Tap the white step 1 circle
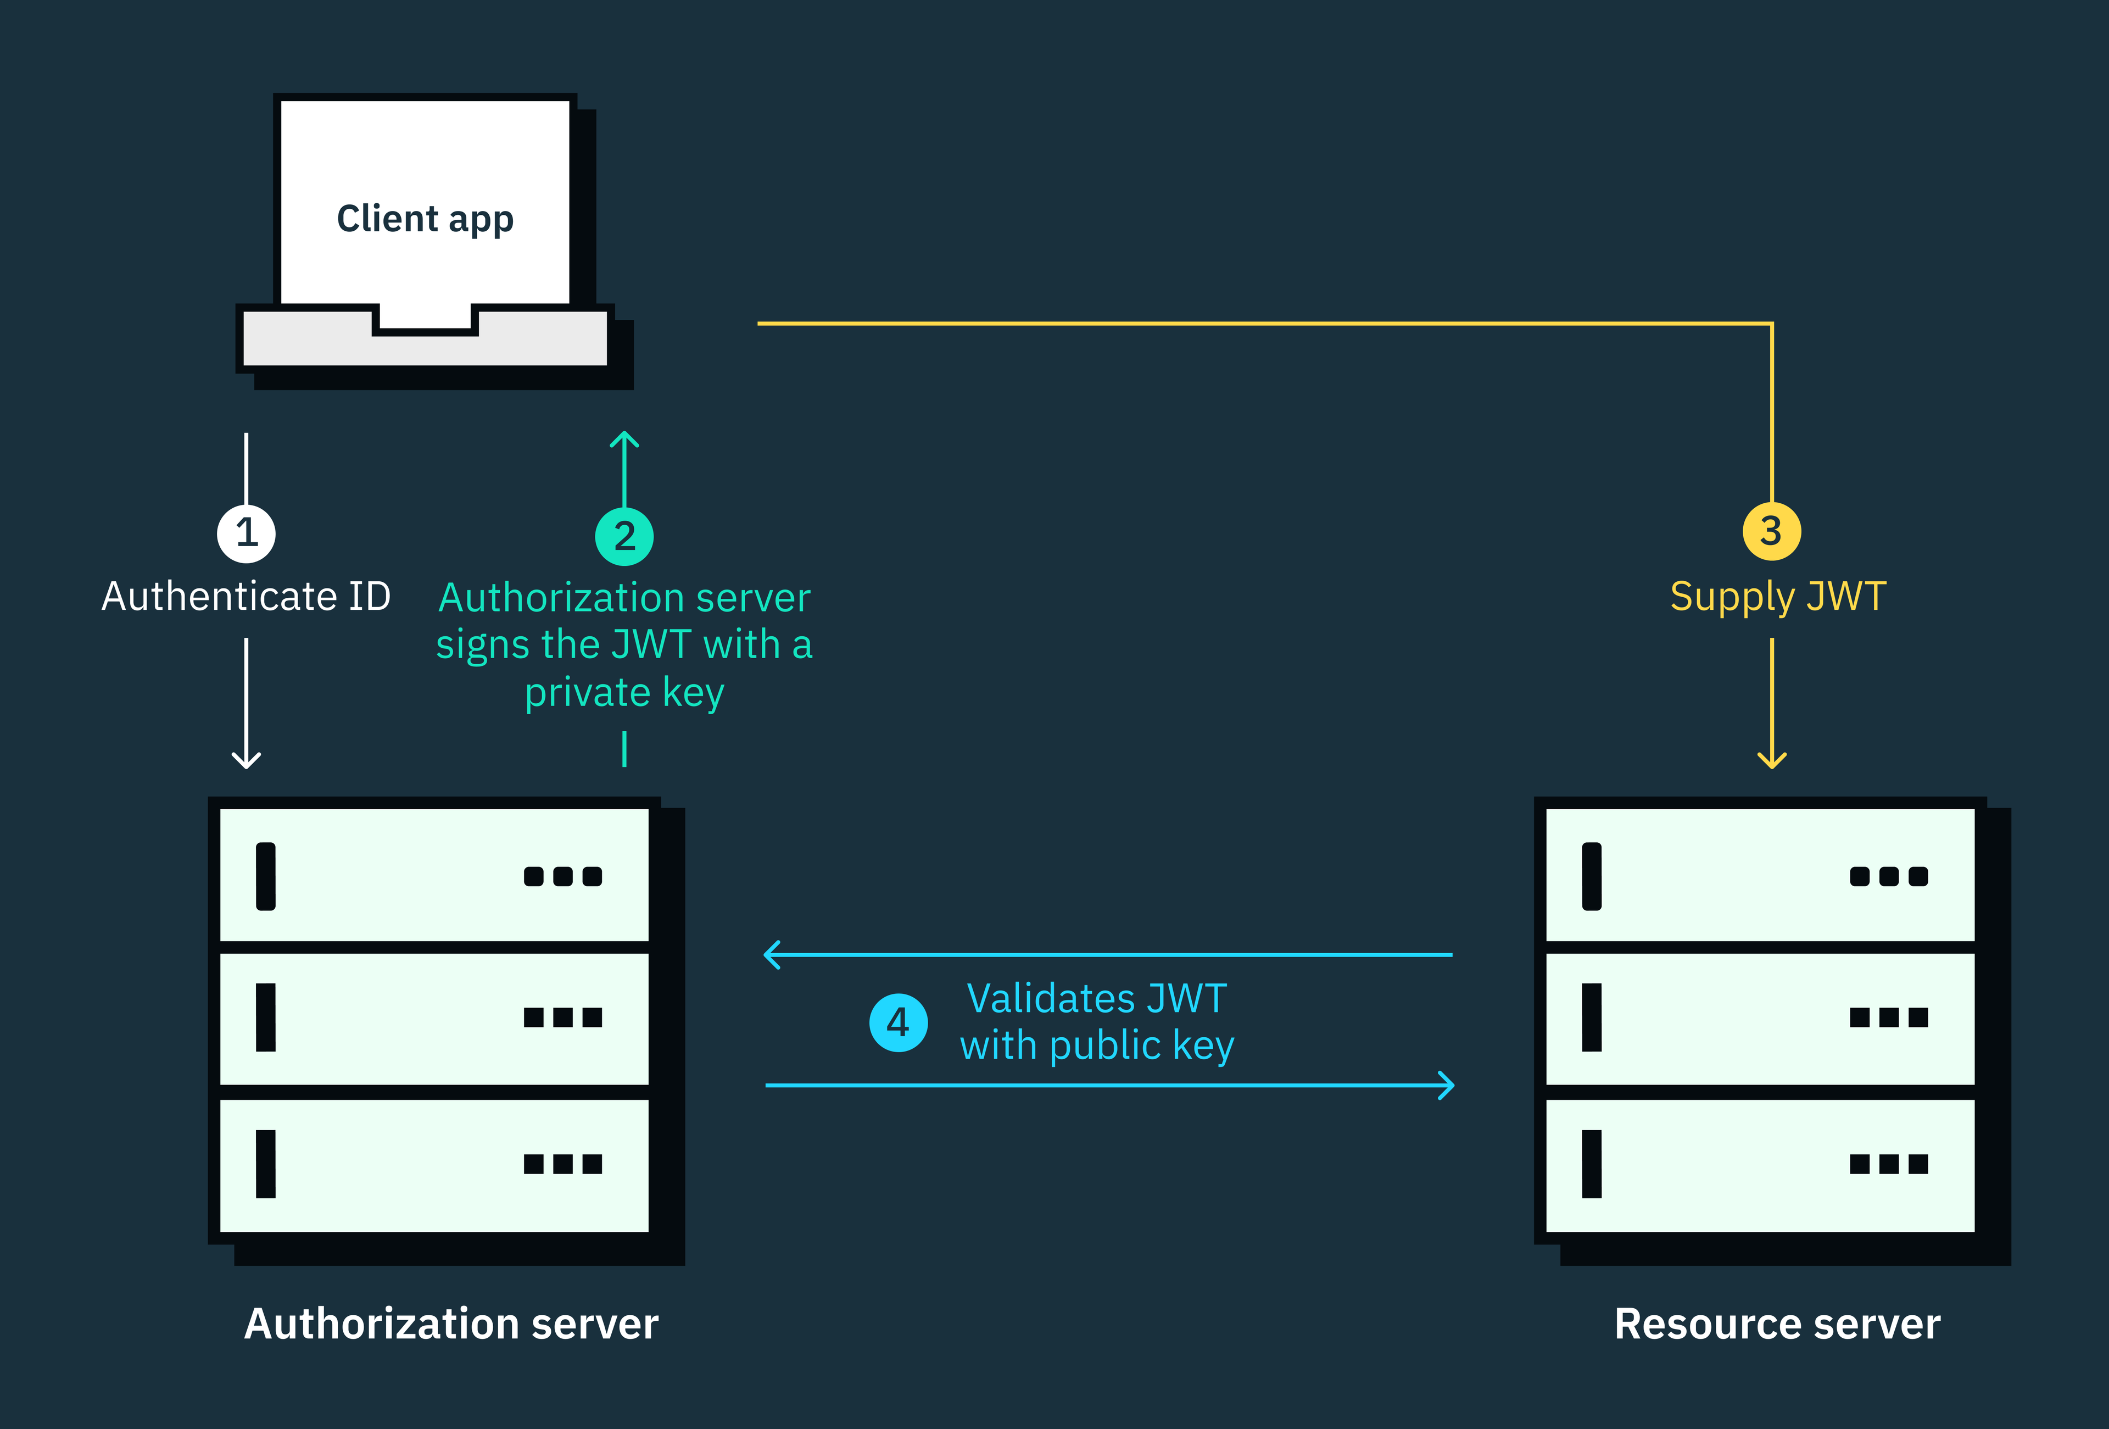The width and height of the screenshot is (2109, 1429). (x=246, y=533)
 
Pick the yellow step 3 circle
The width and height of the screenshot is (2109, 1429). (x=1771, y=531)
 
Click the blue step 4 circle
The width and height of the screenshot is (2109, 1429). (x=899, y=1022)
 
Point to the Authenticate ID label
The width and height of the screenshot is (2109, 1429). (x=246, y=597)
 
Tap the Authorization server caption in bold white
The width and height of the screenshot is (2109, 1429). (x=451, y=1324)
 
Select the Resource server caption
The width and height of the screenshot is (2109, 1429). (x=1777, y=1324)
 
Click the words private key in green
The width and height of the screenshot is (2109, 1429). (x=624, y=693)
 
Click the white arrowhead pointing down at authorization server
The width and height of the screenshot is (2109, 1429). (x=246, y=761)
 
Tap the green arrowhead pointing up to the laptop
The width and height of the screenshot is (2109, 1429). (x=624, y=440)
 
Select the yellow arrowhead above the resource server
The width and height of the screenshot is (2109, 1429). (x=1771, y=761)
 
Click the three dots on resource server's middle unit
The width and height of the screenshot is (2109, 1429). (x=1888, y=1017)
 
